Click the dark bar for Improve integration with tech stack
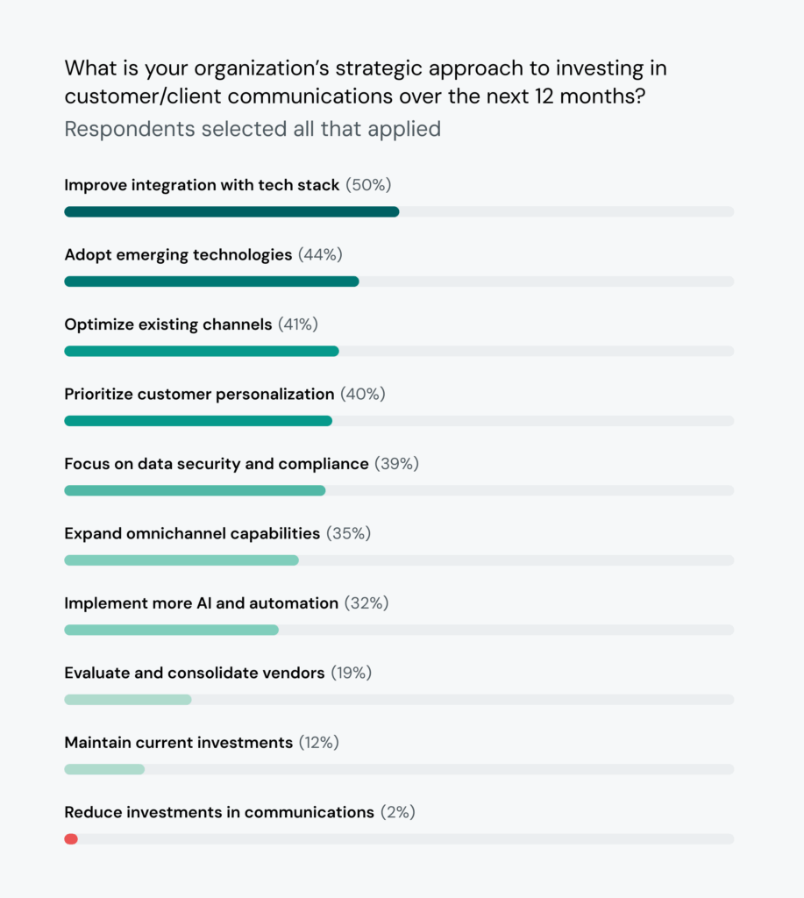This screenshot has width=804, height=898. click(x=231, y=211)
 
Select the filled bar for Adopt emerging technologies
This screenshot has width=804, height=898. click(x=211, y=282)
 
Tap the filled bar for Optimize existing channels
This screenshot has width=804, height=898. click(x=201, y=351)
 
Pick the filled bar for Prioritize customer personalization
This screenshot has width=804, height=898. click(x=198, y=421)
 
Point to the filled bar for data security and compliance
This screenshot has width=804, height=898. click(x=195, y=490)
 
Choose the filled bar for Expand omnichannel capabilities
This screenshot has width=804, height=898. click(x=181, y=560)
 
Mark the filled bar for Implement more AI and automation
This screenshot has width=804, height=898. click(x=171, y=630)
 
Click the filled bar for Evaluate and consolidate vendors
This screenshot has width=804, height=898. click(x=127, y=700)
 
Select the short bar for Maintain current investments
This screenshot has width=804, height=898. click(x=104, y=769)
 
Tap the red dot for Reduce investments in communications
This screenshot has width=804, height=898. click(x=71, y=839)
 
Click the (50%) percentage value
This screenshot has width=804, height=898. click(x=368, y=185)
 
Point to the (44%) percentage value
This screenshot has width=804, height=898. click(x=320, y=254)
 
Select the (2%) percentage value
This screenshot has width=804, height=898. click(x=397, y=812)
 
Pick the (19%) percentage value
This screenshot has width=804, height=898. click(x=351, y=673)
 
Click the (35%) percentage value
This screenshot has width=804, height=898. click(x=348, y=533)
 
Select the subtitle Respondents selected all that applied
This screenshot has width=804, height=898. click(x=253, y=129)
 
